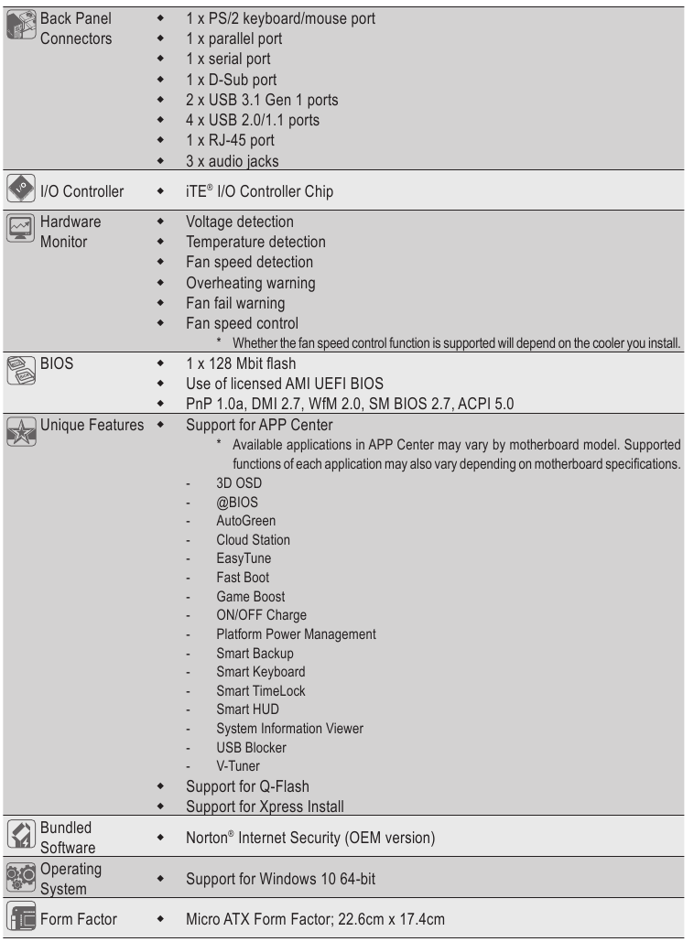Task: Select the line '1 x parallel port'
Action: [x=233, y=38]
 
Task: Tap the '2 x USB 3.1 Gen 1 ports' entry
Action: [x=255, y=99]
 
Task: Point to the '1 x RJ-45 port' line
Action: [x=230, y=140]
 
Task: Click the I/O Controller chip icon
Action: [x=20, y=191]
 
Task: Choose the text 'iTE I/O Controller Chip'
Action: [x=259, y=191]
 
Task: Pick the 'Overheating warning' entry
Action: [x=250, y=282]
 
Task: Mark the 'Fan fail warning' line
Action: [x=235, y=302]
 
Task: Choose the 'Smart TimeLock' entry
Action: [x=260, y=690]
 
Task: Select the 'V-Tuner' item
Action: [x=238, y=765]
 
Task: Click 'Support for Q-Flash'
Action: [x=247, y=785]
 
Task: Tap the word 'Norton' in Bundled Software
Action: [x=208, y=837]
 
